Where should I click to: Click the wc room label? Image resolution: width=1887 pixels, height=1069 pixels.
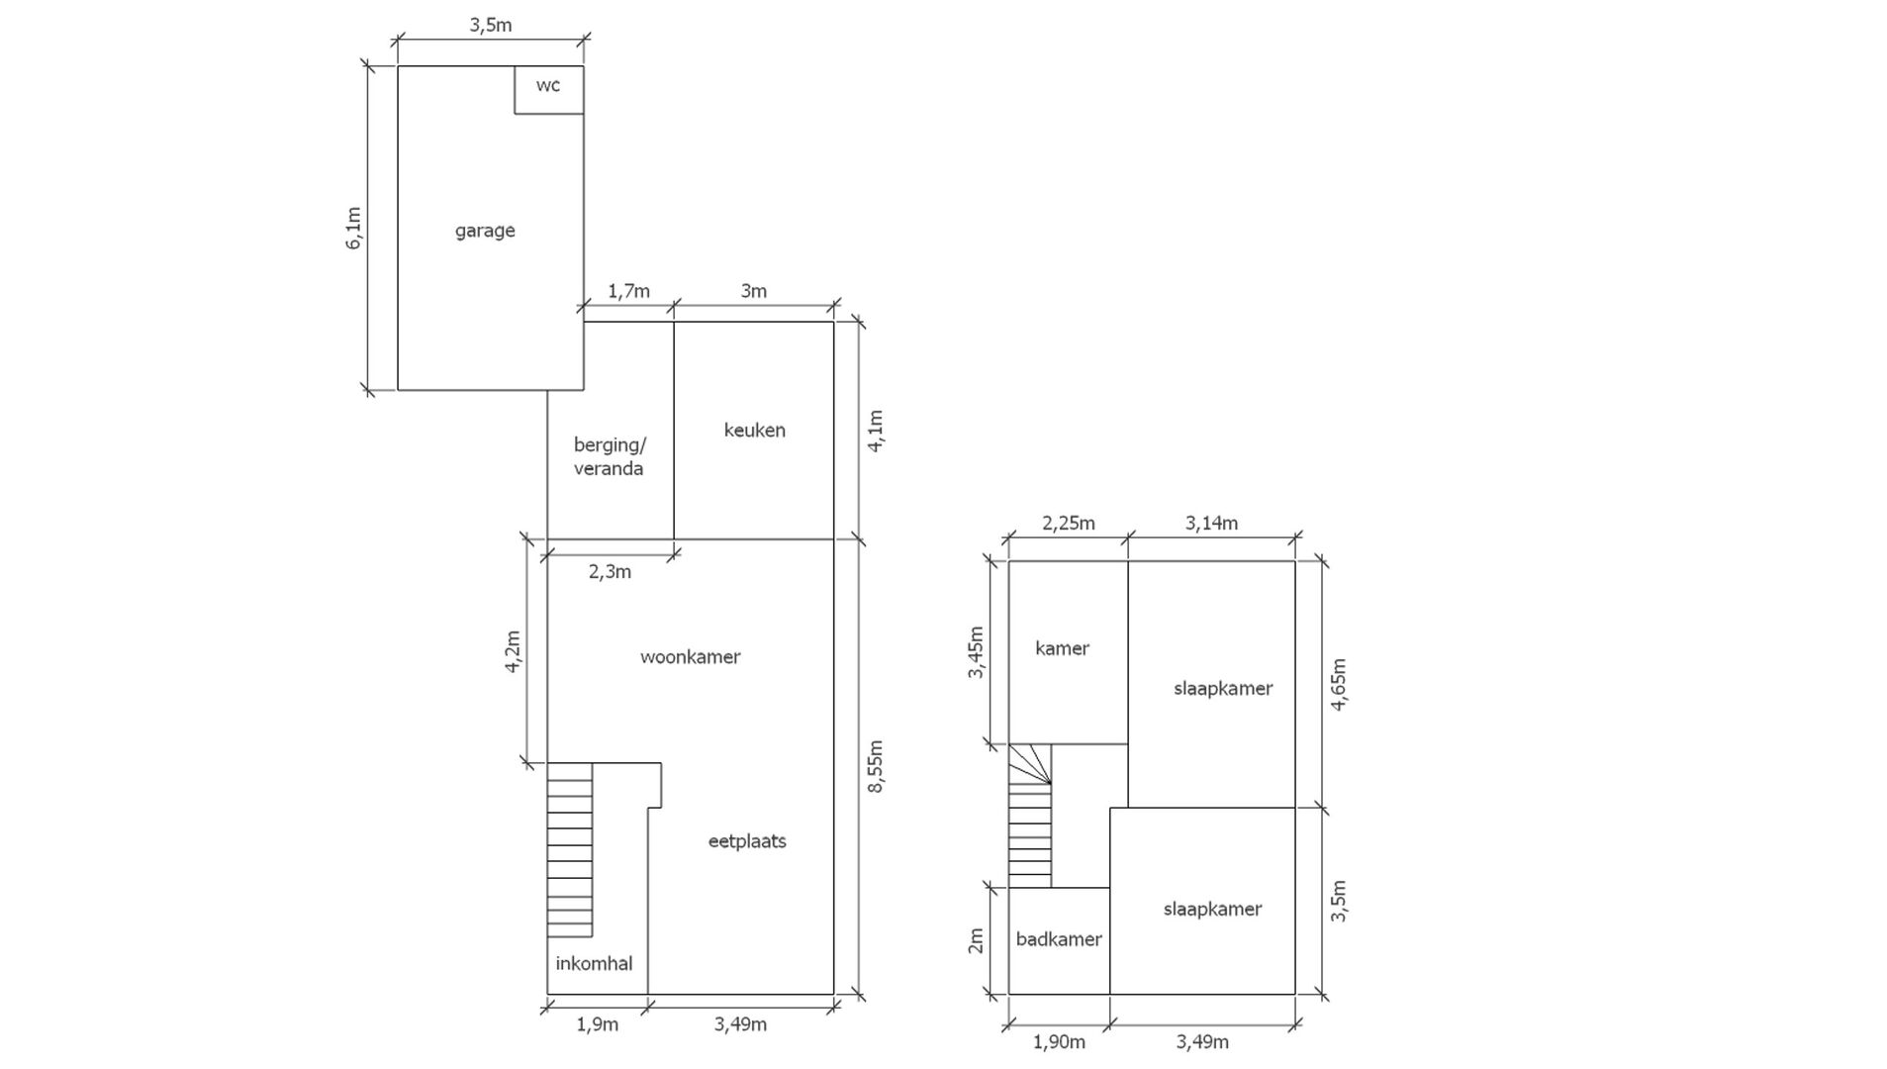pyautogui.click(x=547, y=85)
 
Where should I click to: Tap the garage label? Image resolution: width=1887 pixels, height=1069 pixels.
pyautogui.click(x=485, y=231)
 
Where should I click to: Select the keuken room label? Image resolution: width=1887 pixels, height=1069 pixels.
pyautogui.click(x=754, y=430)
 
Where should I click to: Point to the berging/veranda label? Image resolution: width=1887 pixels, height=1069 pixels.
pyautogui.click(x=609, y=456)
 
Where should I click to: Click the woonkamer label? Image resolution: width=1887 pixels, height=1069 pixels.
pyautogui.click(x=690, y=656)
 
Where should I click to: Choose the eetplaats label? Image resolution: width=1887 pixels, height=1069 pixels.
pyautogui.click(x=747, y=841)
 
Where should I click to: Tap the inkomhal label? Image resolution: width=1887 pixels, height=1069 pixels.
pyautogui.click(x=594, y=963)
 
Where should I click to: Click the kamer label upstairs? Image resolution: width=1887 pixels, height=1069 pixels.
pyautogui.click(x=1062, y=648)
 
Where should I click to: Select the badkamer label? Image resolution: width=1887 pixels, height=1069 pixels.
pyautogui.click(x=1059, y=939)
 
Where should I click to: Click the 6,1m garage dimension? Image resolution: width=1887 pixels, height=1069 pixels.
pyautogui.click(x=353, y=228)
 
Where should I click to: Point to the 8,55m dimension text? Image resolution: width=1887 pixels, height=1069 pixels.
pyautogui.click(x=876, y=766)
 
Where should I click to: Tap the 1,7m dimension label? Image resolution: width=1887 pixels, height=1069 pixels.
pyautogui.click(x=628, y=291)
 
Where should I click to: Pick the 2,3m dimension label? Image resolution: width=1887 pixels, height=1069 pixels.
pyautogui.click(x=610, y=571)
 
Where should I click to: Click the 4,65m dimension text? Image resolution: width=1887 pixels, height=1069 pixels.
pyautogui.click(x=1338, y=684)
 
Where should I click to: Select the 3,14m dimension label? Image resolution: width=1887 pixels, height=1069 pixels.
pyautogui.click(x=1211, y=523)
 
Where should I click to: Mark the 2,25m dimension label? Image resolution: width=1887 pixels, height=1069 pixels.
pyautogui.click(x=1069, y=523)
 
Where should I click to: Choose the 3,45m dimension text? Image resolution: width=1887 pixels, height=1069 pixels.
pyautogui.click(x=976, y=651)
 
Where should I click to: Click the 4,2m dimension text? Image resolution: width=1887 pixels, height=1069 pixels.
pyautogui.click(x=513, y=651)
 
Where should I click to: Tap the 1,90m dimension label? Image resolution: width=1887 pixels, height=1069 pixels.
pyautogui.click(x=1059, y=1041)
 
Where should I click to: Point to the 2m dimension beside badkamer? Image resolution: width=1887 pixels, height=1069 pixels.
pyautogui.click(x=976, y=940)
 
